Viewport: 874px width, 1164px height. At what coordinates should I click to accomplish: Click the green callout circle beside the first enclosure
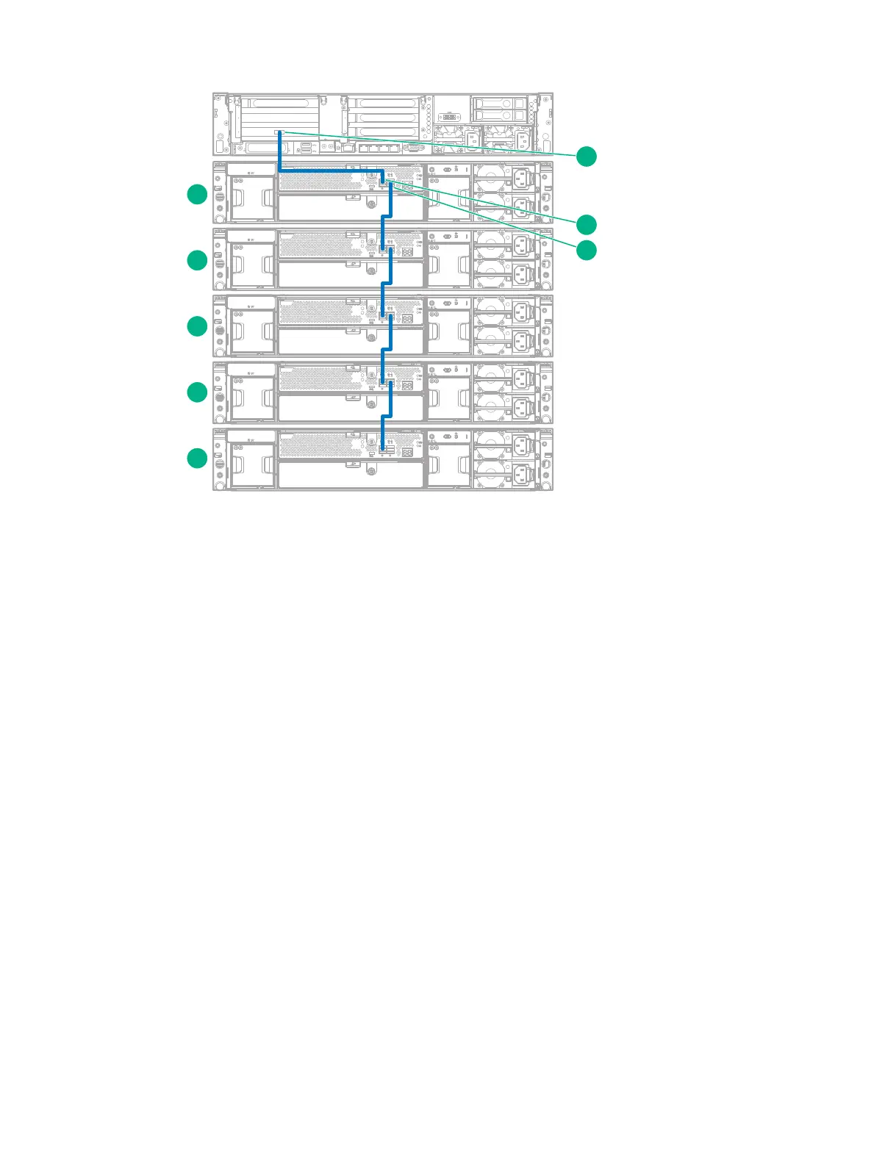197,195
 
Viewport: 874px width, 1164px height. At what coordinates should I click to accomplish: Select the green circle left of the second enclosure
197,260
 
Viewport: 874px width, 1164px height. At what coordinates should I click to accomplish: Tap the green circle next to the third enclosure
197,326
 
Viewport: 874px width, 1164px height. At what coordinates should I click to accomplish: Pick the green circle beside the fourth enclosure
197,392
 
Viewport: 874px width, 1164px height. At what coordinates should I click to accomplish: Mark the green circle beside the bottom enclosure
197,459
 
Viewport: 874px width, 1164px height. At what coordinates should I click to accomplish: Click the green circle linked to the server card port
586,157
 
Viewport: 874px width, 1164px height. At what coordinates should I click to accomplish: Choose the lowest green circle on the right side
586,250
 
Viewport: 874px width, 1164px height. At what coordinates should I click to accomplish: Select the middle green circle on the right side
586,223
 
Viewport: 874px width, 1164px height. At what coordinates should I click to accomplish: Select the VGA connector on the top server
415,148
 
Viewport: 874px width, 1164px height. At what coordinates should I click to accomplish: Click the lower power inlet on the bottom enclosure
523,474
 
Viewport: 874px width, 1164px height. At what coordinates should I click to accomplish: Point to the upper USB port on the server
306,145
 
